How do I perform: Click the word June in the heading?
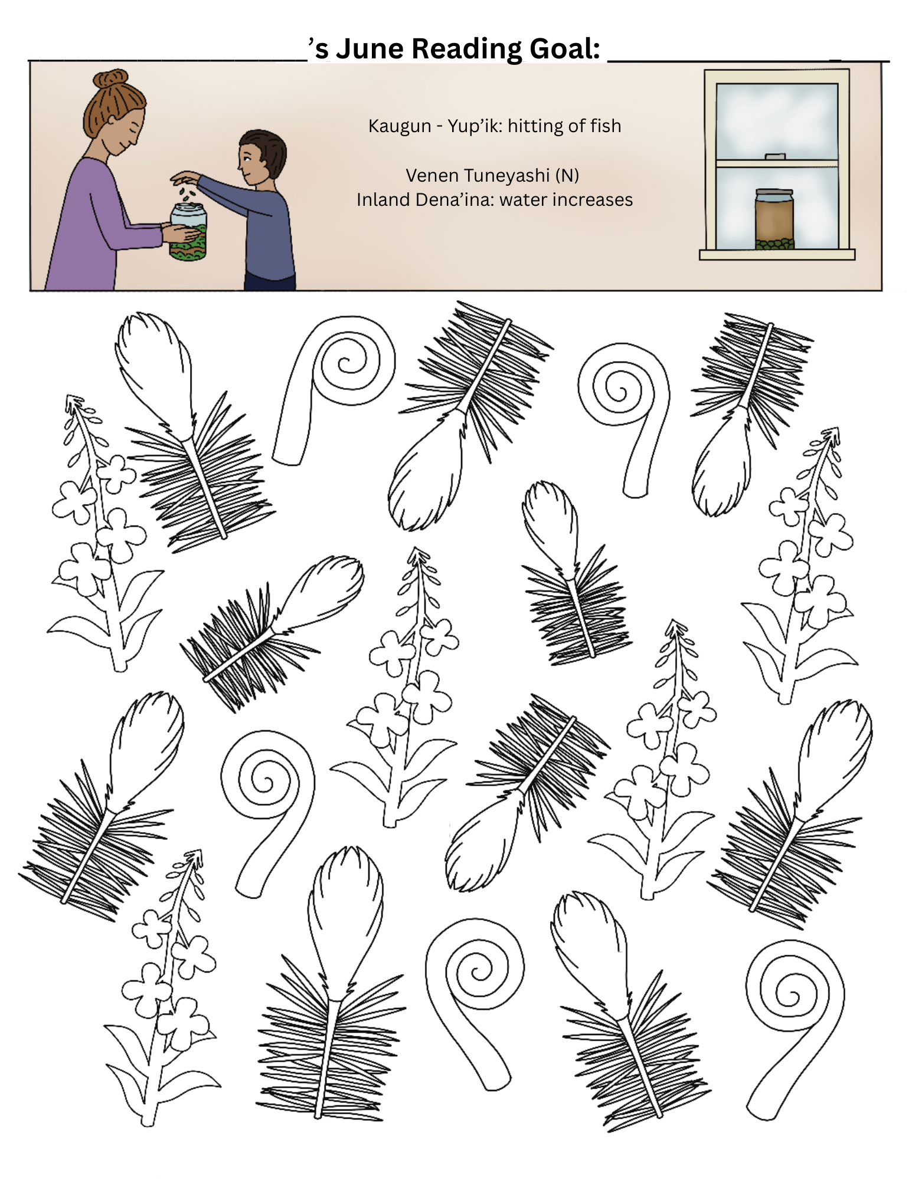(x=370, y=49)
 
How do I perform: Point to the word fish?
(x=606, y=126)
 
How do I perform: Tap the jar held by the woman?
(x=188, y=232)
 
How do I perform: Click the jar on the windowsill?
(x=774, y=219)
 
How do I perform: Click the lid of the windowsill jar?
(x=774, y=193)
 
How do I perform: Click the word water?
(x=522, y=201)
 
